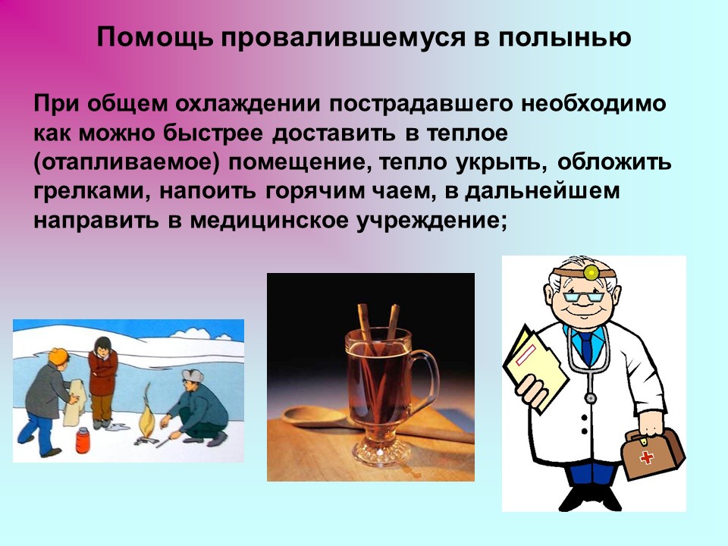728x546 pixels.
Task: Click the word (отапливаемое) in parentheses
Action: [x=126, y=162]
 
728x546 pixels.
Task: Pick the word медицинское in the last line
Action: [x=268, y=220]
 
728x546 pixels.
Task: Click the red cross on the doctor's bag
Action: [x=647, y=457]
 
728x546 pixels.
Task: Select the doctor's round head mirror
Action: [x=591, y=272]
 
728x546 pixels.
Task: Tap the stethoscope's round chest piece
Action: [x=590, y=398]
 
